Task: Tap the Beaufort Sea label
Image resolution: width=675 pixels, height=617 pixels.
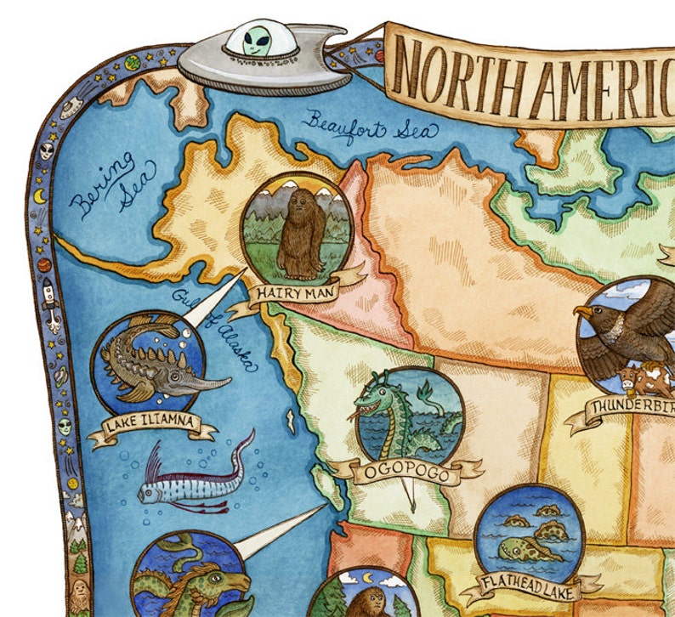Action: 369,127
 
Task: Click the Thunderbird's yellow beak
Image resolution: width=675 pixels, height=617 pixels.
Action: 584,313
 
